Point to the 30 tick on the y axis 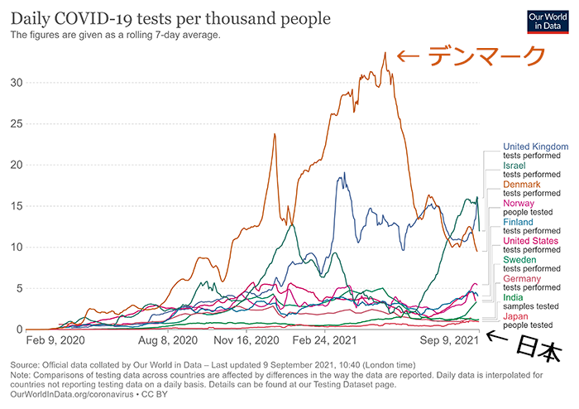15,83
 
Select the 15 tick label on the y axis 15,206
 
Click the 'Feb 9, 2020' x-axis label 55,340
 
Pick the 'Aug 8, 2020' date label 168,340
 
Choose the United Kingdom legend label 536,147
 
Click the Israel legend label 514,166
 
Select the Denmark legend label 521,185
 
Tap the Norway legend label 519,204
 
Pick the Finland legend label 519,222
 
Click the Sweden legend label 521,260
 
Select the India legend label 513,297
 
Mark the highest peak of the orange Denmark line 385,53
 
